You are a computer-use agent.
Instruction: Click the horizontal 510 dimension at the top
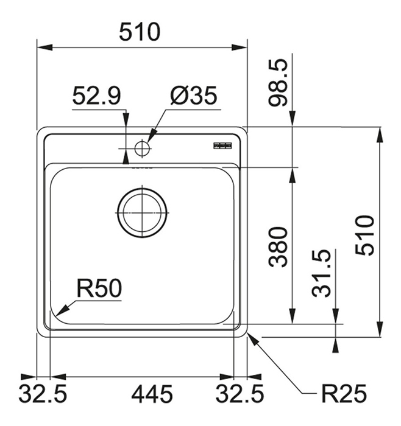140,32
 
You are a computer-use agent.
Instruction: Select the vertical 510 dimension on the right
365,236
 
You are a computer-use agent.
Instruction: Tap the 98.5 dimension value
277,83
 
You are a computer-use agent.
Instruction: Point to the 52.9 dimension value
96,96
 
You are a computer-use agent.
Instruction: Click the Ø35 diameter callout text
194,96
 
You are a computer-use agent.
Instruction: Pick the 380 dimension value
278,247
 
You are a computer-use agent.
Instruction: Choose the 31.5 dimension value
322,273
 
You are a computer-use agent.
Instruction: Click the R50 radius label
99,288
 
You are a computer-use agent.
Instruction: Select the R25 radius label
344,394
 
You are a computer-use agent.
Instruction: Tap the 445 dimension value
152,394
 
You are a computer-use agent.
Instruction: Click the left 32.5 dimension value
43,394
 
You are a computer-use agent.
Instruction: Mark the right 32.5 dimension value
240,394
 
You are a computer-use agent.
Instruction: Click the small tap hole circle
142,148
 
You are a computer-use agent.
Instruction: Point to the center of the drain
142,212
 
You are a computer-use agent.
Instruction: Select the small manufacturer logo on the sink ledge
222,146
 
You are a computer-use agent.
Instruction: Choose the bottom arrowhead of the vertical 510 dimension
380,329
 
